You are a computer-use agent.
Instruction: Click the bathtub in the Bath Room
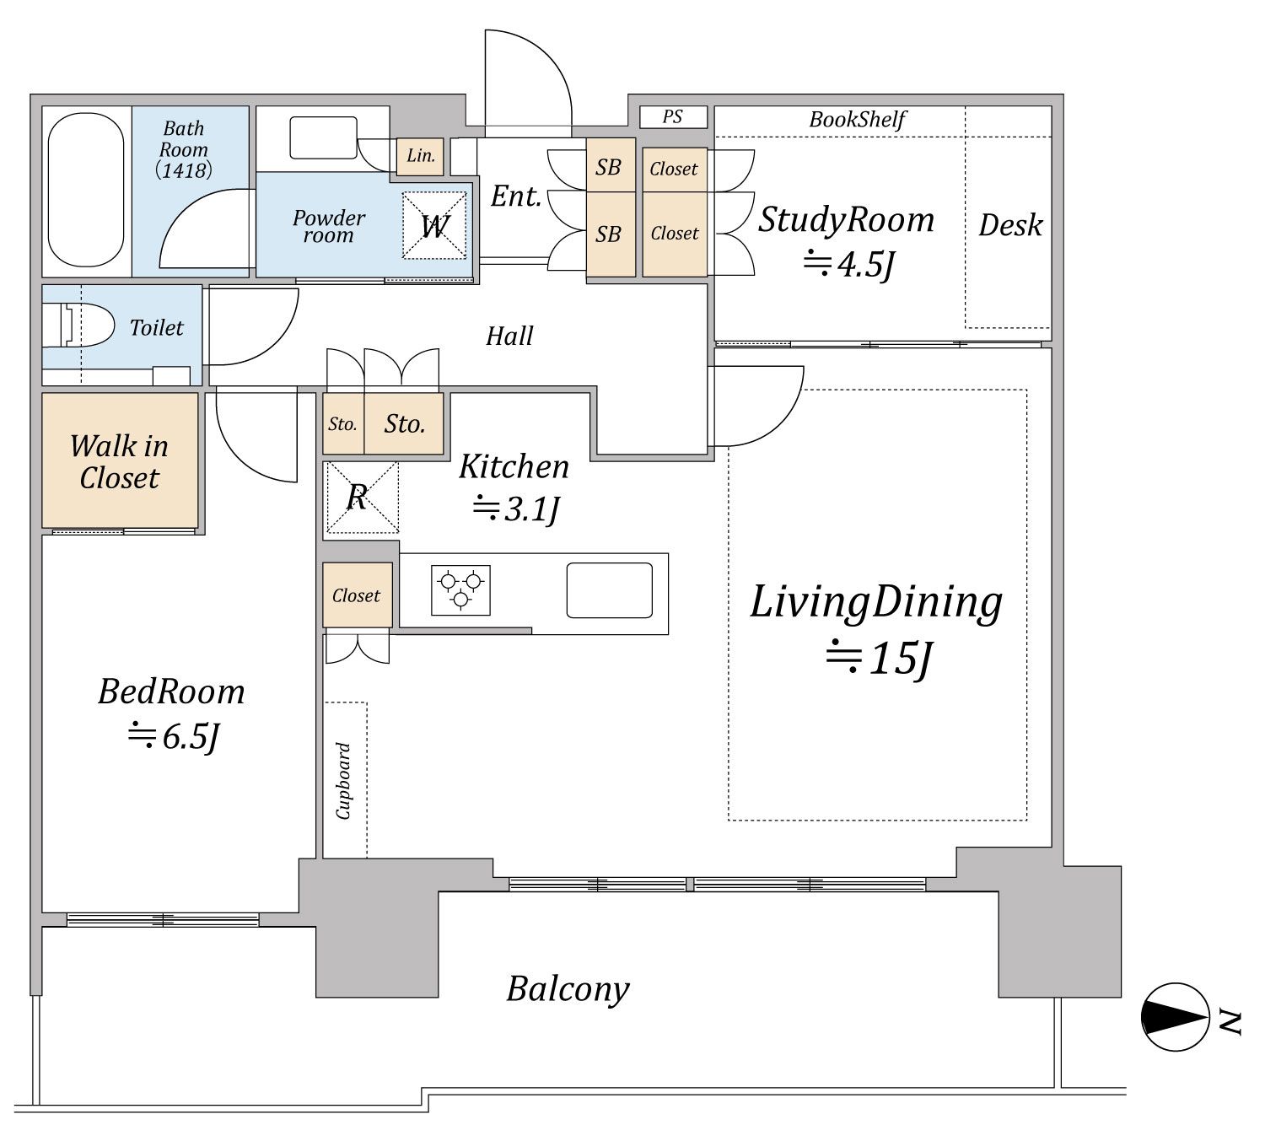pyautogui.click(x=86, y=190)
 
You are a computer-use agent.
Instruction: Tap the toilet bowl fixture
pyautogui.click(x=78, y=326)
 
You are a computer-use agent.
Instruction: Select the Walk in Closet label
pyautogui.click(x=119, y=461)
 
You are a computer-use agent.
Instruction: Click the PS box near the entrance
pyautogui.click(x=673, y=116)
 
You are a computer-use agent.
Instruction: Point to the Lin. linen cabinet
pyautogui.click(x=420, y=156)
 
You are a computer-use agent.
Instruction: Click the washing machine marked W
pyautogui.click(x=434, y=225)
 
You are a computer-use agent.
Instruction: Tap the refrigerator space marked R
pyautogui.click(x=361, y=498)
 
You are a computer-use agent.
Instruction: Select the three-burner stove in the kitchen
pyautogui.click(x=460, y=589)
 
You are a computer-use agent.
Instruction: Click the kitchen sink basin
pyautogui.click(x=609, y=590)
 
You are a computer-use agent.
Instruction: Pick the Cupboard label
pyautogui.click(x=343, y=781)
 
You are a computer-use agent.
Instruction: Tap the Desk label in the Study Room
pyautogui.click(x=1010, y=225)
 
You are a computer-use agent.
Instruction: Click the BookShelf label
pyautogui.click(x=858, y=119)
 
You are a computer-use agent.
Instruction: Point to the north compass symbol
pyautogui.click(x=1175, y=1017)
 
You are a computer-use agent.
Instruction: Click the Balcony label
pyautogui.click(x=568, y=989)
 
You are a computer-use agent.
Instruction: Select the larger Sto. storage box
pyautogui.click(x=404, y=423)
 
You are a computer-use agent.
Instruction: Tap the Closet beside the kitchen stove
pyautogui.click(x=358, y=595)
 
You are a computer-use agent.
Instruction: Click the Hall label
pyautogui.click(x=509, y=336)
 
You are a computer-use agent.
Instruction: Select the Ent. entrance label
pyautogui.click(x=516, y=196)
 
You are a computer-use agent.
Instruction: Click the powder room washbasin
pyautogui.click(x=323, y=137)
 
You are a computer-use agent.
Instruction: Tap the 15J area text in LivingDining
pyautogui.click(x=879, y=658)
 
